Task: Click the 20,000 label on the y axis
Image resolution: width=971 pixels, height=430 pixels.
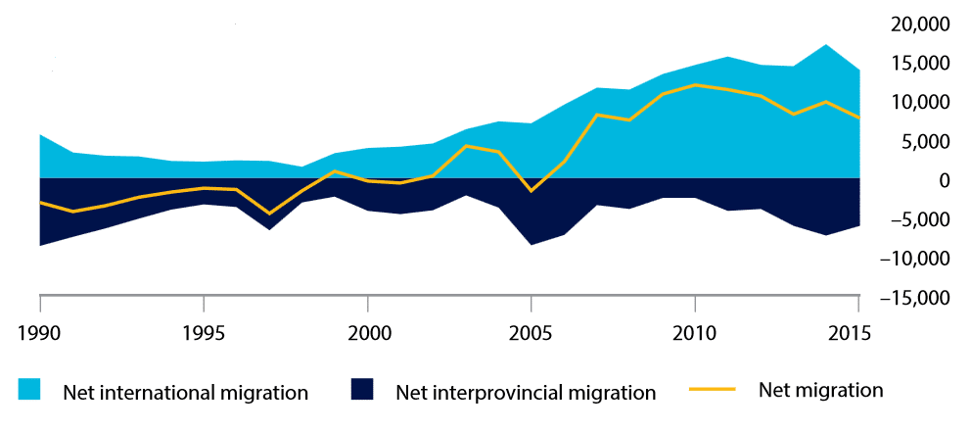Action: point(925,24)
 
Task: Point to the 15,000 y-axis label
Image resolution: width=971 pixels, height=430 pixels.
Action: point(925,64)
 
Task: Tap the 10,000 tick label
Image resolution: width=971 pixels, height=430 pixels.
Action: point(925,103)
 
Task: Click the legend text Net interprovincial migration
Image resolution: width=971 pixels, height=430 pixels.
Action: point(526,393)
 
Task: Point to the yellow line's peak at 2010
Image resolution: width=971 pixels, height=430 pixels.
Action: point(695,85)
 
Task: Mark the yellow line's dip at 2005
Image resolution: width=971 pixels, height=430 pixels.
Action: point(531,191)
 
